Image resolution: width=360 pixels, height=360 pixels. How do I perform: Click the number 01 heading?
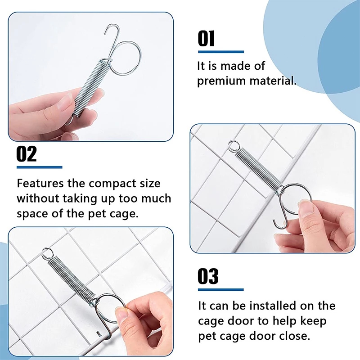(206, 39)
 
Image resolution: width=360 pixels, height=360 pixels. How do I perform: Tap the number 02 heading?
(27, 154)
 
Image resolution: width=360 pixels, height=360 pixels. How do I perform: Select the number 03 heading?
(208, 276)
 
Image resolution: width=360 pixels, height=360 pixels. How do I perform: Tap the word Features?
(40, 183)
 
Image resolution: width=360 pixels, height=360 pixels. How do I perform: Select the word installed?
(273, 306)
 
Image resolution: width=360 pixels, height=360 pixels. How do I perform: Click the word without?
(38, 198)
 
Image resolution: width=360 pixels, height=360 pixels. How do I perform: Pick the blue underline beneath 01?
(221, 52)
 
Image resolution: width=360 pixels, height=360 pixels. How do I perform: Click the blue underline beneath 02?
(40, 167)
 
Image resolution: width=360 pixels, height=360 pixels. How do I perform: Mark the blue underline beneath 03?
(221, 290)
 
